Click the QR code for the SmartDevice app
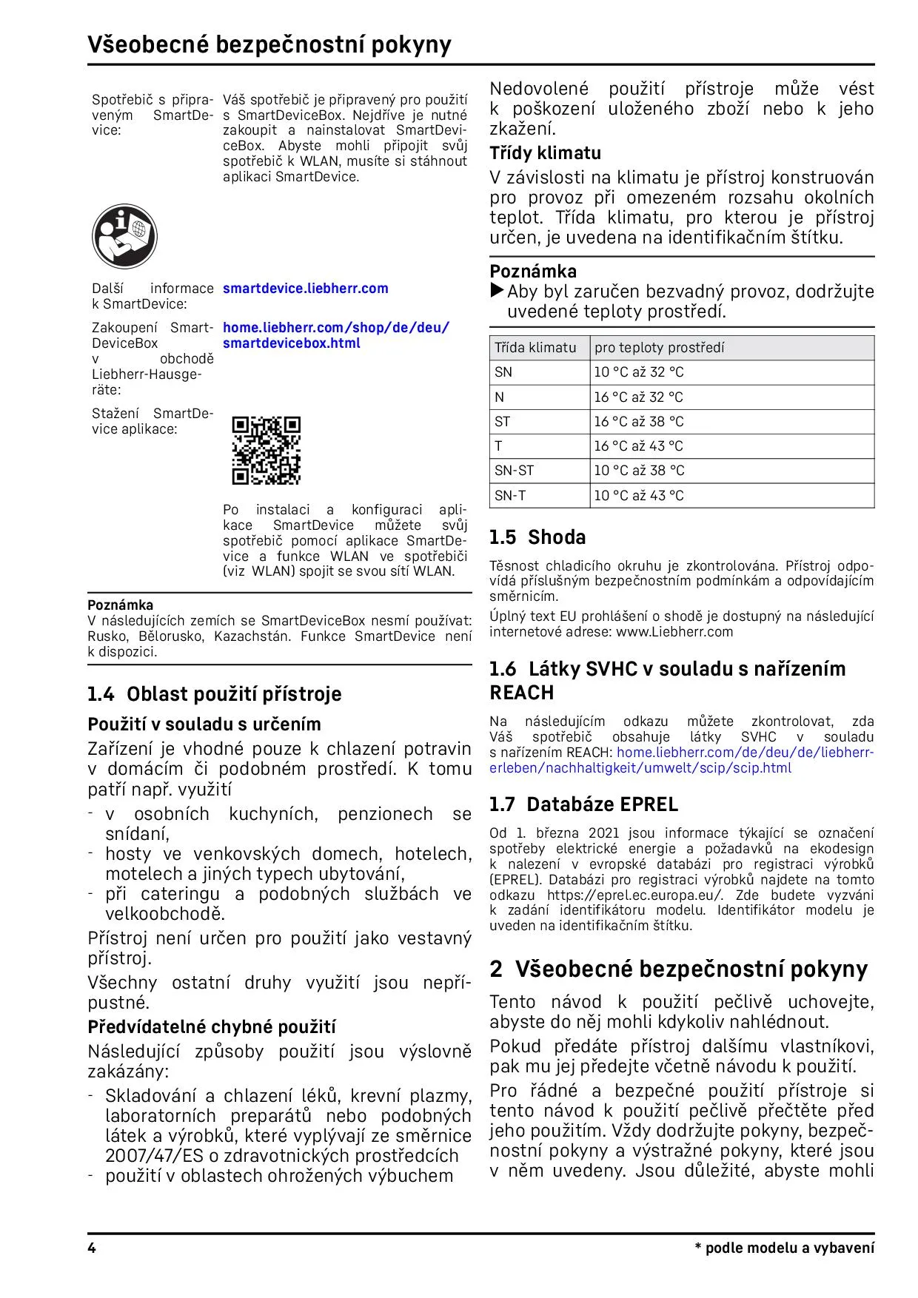coord(266,451)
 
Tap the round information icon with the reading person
coord(124,236)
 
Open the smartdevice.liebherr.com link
coord(305,289)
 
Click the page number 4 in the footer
coord(92,1248)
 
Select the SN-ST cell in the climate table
coord(514,471)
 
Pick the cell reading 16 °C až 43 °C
coord(638,446)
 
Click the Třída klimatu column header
coord(535,348)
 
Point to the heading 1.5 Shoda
coord(537,537)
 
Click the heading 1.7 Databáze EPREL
coord(583,804)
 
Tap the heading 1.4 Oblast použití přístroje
coord(215,694)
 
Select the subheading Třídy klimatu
coord(545,153)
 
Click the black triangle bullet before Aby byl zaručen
coord(497,291)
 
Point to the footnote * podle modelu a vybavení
coord(784,1248)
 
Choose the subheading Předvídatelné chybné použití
coord(212,1027)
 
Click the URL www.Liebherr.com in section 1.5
coord(674,632)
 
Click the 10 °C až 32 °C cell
coord(638,372)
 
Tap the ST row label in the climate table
coord(503,422)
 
